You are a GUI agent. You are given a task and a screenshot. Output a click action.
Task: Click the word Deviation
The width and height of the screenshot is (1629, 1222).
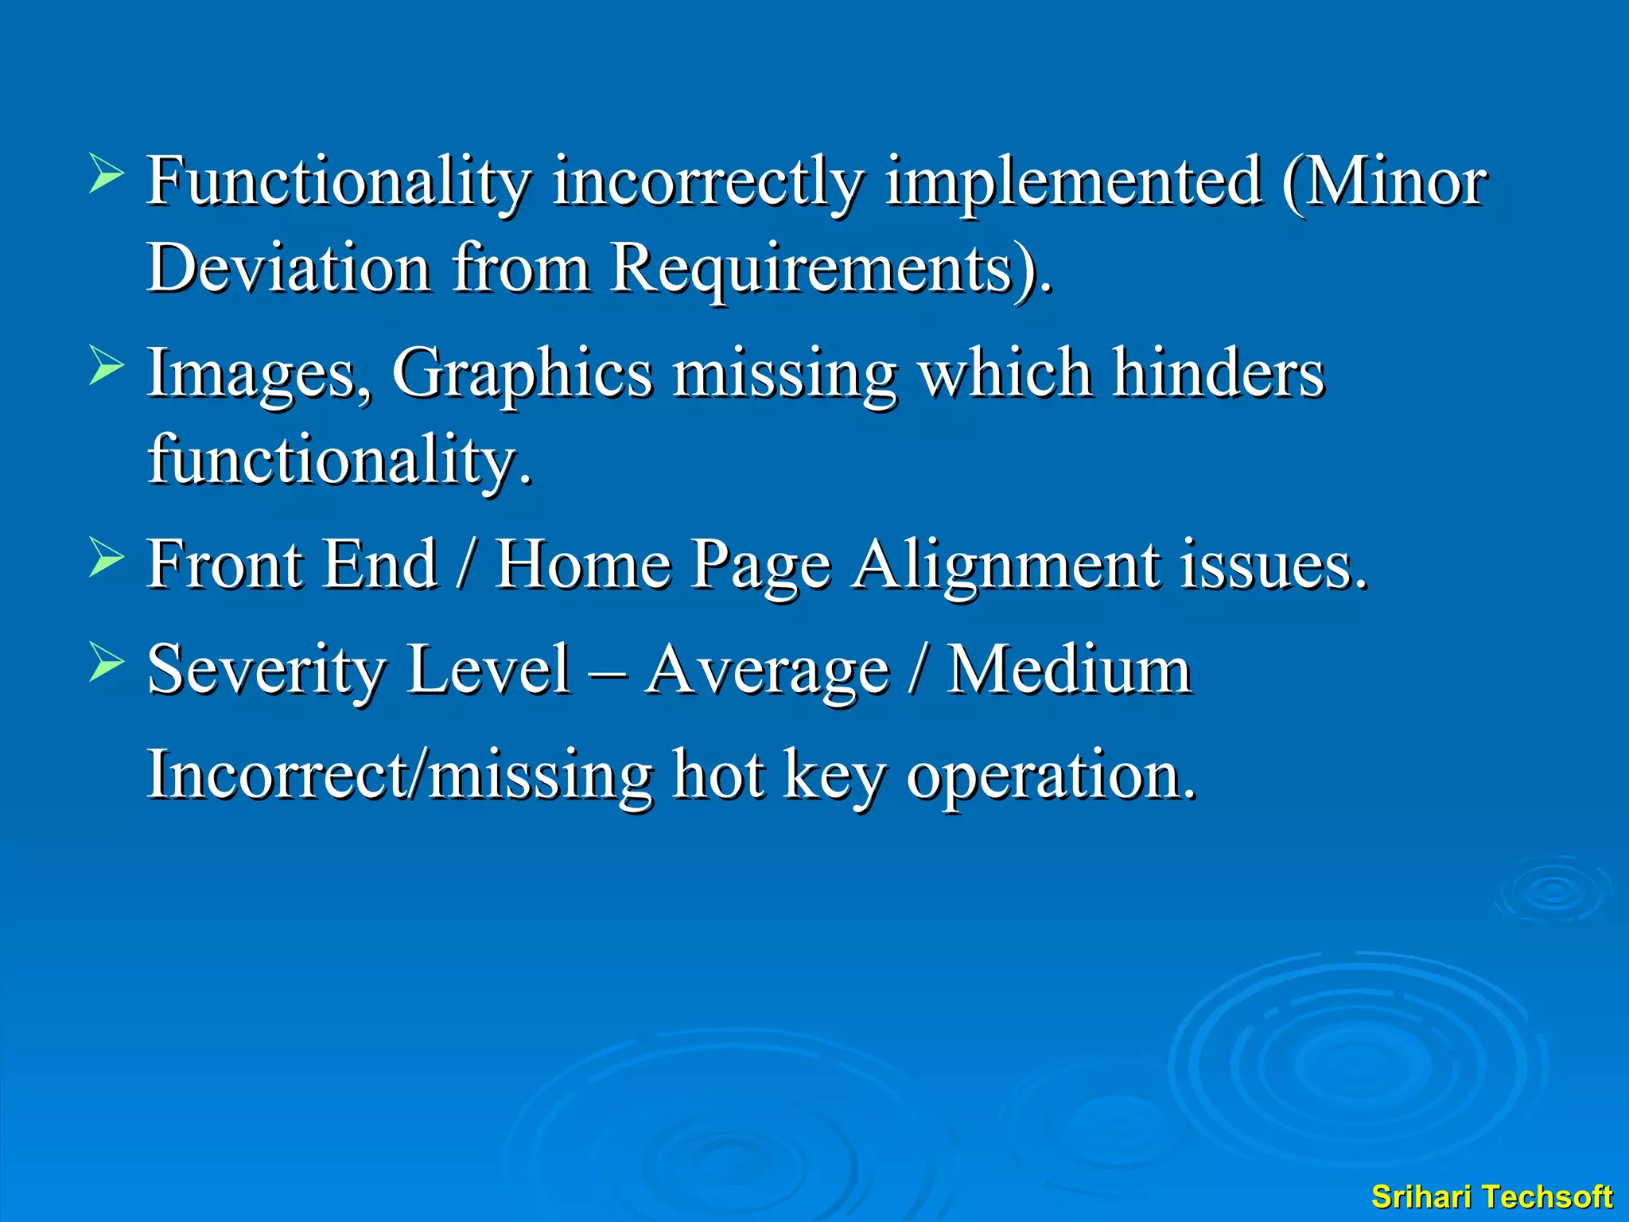(290, 267)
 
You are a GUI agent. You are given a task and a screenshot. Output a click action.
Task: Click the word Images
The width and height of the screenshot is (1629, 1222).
(258, 374)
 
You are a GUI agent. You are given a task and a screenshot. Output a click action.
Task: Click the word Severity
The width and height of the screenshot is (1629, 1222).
(267, 671)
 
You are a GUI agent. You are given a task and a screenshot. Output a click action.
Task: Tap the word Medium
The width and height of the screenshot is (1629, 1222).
(1070, 671)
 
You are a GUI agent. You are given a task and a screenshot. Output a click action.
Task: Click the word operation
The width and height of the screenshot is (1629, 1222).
(1050, 776)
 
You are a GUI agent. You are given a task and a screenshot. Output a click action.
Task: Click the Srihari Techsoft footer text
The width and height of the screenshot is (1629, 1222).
(1491, 1197)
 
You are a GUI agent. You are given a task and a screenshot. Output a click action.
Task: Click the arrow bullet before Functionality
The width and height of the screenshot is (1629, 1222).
(106, 174)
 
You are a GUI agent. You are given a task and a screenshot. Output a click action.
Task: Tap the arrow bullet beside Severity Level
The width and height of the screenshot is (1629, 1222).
(106, 662)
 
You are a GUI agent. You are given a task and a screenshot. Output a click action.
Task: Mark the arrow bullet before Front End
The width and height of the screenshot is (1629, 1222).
(106, 557)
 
